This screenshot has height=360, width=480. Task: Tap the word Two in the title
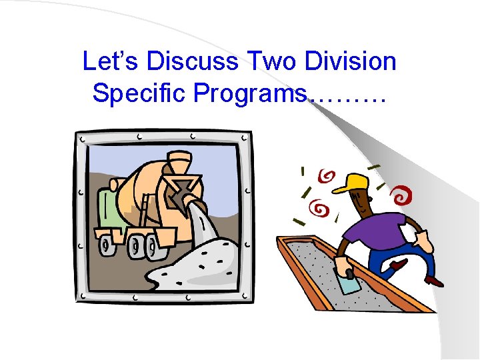click(x=271, y=61)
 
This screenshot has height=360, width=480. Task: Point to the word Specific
click(x=140, y=93)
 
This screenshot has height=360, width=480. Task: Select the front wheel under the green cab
click(x=107, y=245)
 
